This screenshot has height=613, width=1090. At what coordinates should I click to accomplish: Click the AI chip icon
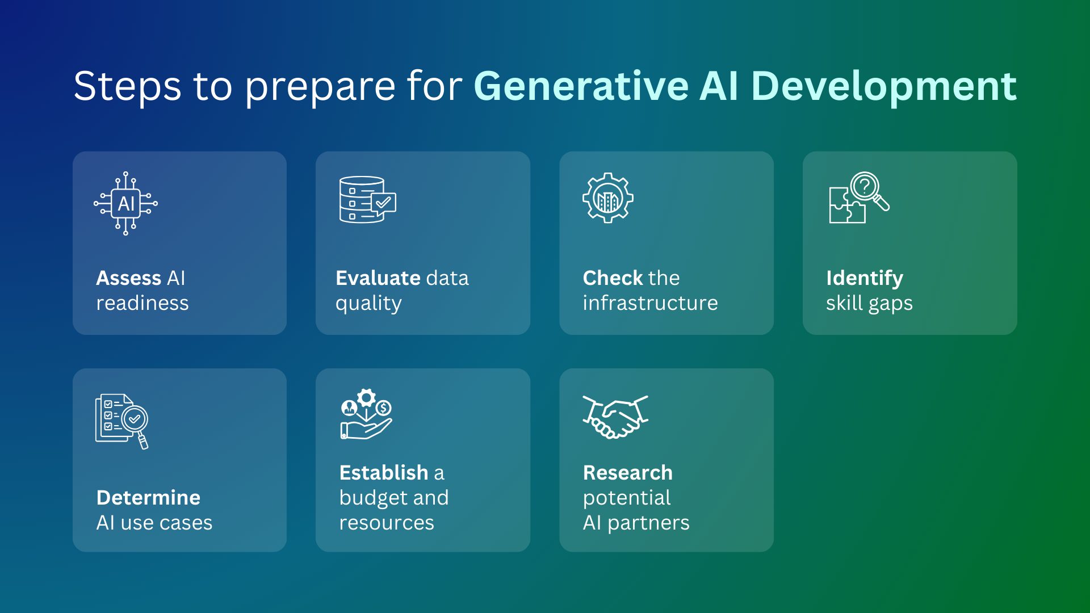tap(126, 203)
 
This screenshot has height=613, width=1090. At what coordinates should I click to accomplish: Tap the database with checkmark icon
tap(367, 199)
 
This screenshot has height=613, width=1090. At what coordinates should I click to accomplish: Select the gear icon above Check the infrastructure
tap(608, 198)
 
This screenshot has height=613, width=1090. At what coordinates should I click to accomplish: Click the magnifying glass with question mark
tap(869, 191)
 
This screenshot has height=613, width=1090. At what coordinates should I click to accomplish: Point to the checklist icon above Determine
tap(121, 421)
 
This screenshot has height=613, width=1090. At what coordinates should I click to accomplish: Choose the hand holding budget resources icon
tap(366, 414)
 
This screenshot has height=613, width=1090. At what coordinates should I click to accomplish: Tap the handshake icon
tap(615, 417)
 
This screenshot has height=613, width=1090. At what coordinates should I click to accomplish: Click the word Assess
tap(129, 278)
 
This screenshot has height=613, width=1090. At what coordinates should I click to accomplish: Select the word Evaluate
tap(378, 278)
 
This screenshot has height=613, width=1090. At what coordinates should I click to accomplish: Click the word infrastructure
tap(650, 303)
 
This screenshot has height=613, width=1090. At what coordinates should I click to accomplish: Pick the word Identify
tap(865, 279)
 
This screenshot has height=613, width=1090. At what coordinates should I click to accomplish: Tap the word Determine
tap(149, 498)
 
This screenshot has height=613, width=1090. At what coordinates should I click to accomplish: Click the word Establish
tap(384, 473)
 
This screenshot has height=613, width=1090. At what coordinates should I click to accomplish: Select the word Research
tap(628, 473)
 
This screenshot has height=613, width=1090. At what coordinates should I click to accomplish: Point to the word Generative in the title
tap(581, 86)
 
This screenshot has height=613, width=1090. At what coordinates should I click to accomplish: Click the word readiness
tap(142, 303)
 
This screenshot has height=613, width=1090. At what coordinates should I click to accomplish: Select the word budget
tap(374, 498)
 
